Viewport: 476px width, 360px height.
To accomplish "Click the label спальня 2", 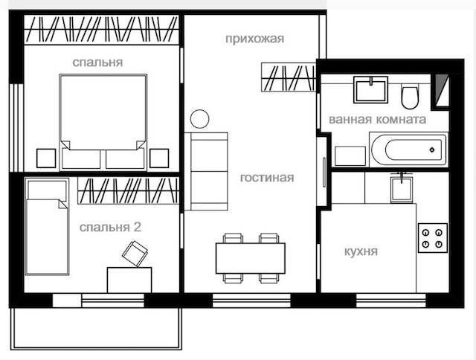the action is coord(110,227).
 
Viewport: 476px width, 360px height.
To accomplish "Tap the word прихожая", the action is coord(254,39).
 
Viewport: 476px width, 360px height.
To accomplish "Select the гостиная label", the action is coord(267,178).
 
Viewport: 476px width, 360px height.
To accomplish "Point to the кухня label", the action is coord(361,251).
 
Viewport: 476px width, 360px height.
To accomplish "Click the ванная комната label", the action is coord(377,119).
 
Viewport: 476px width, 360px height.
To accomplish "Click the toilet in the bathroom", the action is coord(410,96).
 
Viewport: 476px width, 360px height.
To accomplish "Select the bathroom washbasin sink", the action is coord(370,90).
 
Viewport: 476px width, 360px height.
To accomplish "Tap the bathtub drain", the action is coord(432,150).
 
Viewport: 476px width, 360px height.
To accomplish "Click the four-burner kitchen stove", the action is coord(433,238).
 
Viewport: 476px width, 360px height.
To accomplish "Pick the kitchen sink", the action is coord(402,189).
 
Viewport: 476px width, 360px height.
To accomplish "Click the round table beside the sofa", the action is coord(199,119).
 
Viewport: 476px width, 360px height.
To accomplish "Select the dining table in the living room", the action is coord(250,258).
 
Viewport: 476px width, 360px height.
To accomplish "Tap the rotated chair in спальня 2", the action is coord(135,254).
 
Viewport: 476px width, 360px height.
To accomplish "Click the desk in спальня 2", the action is coord(129,280).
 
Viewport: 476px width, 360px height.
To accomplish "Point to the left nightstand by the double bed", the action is coord(46,158).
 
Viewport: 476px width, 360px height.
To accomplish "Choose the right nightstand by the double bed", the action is coord(159,158).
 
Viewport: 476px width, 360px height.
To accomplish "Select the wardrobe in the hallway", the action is coord(289,77).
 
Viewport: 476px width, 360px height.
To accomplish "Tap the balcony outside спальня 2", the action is coord(96,329).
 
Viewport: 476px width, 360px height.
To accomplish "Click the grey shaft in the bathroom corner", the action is coord(440,91).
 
